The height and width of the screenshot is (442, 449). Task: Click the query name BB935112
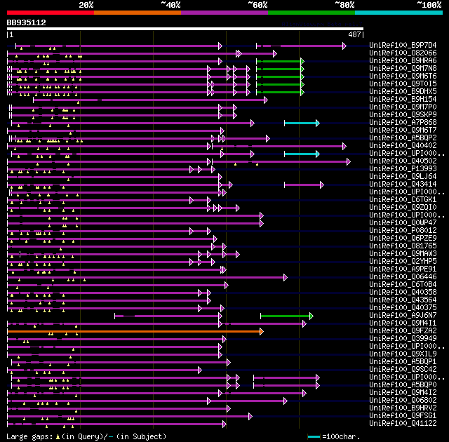pyautogui.click(x=27, y=22)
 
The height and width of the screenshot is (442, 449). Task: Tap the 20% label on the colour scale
pyautogui.click(x=86, y=5)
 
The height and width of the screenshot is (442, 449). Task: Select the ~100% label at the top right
pyautogui.click(x=429, y=5)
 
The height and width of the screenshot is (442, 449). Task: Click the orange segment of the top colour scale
pyautogui.click(x=137, y=13)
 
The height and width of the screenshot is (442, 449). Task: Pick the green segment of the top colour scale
pyautogui.click(x=311, y=13)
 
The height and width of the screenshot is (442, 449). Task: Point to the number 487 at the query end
pyautogui.click(x=354, y=34)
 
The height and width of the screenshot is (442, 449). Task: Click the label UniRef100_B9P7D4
pyautogui.click(x=402, y=46)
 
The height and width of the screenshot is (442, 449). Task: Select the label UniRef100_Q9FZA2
pyautogui.click(x=402, y=331)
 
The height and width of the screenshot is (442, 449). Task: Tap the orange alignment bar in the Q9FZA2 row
pyautogui.click(x=133, y=331)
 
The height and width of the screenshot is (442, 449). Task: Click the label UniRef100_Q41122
pyautogui.click(x=402, y=424)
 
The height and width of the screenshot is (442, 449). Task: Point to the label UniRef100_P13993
pyautogui.click(x=402, y=169)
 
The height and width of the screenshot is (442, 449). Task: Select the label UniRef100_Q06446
pyautogui.click(x=402, y=277)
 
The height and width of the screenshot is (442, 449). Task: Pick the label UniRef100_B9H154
pyautogui.click(x=402, y=100)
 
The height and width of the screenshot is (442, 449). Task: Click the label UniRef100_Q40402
pyautogui.click(x=402, y=146)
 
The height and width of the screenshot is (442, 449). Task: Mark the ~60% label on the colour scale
pyautogui.click(x=257, y=5)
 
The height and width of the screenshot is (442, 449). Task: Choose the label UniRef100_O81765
pyautogui.click(x=402, y=246)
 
